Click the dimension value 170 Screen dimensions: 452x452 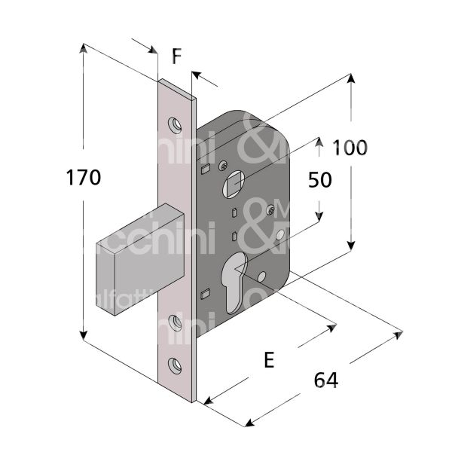[83, 179]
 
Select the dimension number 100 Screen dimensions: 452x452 [350, 148]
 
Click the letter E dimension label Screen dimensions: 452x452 [268, 360]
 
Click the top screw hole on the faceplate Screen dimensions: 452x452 [176, 122]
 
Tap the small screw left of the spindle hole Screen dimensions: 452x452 [222, 166]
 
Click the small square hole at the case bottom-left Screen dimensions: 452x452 [205, 294]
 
